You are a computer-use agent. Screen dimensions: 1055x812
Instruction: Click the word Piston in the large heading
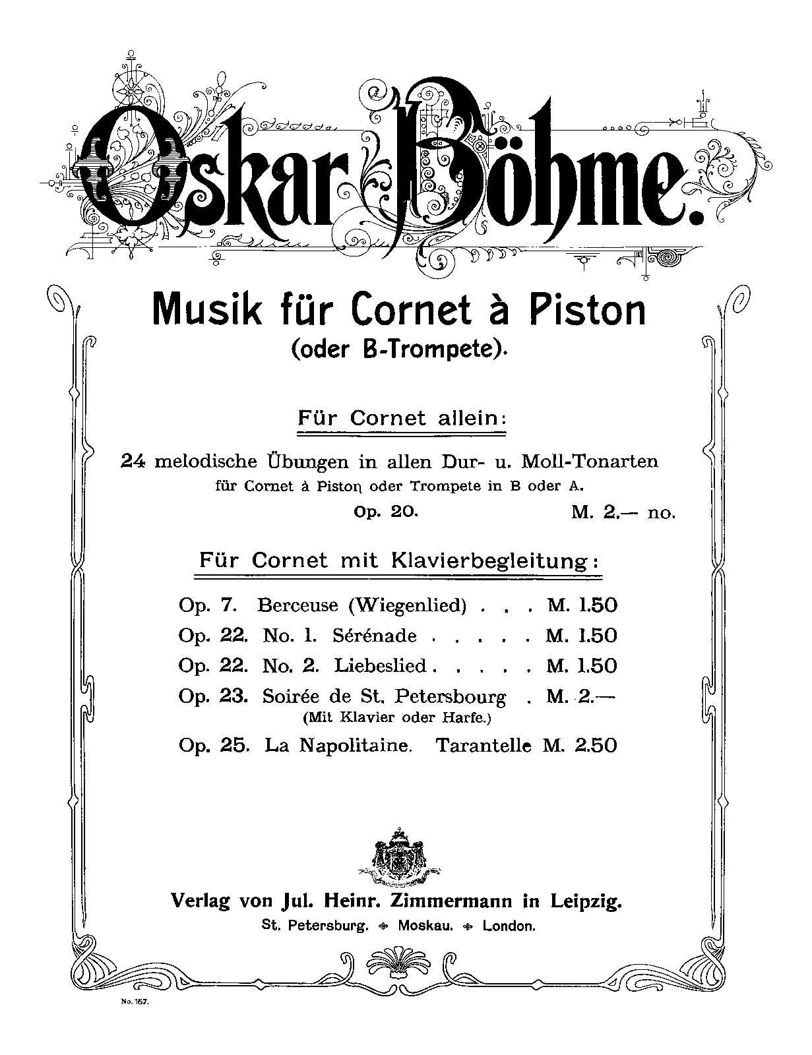click(x=584, y=309)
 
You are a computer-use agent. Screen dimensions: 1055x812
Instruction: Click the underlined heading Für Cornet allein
click(x=402, y=419)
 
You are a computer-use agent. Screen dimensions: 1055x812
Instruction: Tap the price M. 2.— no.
click(x=623, y=512)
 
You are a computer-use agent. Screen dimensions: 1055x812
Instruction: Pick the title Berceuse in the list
click(x=297, y=605)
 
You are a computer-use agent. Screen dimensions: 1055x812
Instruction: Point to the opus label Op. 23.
click(x=212, y=696)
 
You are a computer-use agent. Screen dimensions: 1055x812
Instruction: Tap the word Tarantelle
click(x=484, y=746)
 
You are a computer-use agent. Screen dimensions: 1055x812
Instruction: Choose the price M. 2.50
click(x=580, y=746)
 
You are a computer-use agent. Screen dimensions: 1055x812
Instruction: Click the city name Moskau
click(x=425, y=926)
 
